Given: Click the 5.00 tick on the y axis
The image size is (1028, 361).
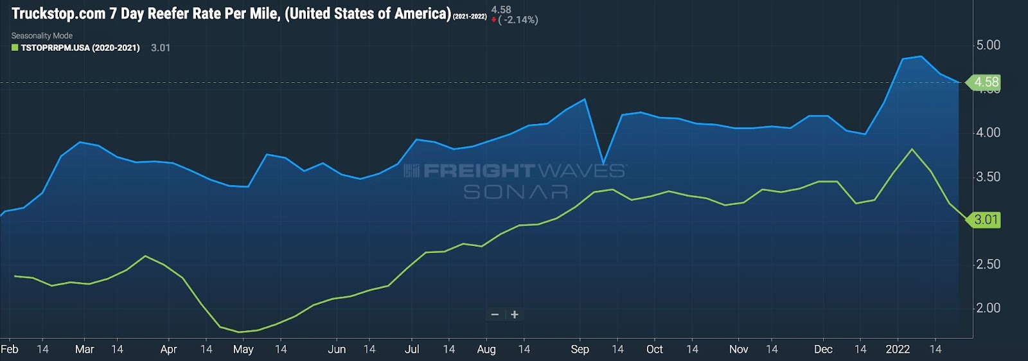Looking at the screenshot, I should click(x=988, y=46).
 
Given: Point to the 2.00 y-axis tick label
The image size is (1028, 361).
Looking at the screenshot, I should click(x=988, y=308).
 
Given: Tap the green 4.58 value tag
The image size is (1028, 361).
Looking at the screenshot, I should click(x=985, y=82).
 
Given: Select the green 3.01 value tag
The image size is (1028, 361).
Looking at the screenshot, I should click(x=985, y=220).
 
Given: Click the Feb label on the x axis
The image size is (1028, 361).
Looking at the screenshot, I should click(x=10, y=349).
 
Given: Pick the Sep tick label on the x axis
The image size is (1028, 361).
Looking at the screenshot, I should click(x=580, y=349).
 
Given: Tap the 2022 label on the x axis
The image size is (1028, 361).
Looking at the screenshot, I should click(x=898, y=349).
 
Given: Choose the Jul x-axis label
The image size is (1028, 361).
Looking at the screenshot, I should click(x=412, y=349).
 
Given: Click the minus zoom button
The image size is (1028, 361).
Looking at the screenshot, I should click(x=495, y=315).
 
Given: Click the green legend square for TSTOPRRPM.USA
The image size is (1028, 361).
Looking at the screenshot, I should click(x=15, y=48).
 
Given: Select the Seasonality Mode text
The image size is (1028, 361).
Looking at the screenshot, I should click(x=42, y=36).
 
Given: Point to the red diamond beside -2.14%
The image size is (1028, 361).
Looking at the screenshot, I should click(x=493, y=20).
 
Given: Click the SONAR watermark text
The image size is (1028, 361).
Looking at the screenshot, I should click(x=516, y=192).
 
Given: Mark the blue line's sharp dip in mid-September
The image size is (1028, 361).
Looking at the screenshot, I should click(x=603, y=163).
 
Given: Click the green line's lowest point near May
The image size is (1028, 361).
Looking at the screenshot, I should click(x=239, y=332).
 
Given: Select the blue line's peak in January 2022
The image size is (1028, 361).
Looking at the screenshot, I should click(x=921, y=57).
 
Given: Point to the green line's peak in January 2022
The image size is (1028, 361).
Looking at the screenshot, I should click(x=912, y=149).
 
